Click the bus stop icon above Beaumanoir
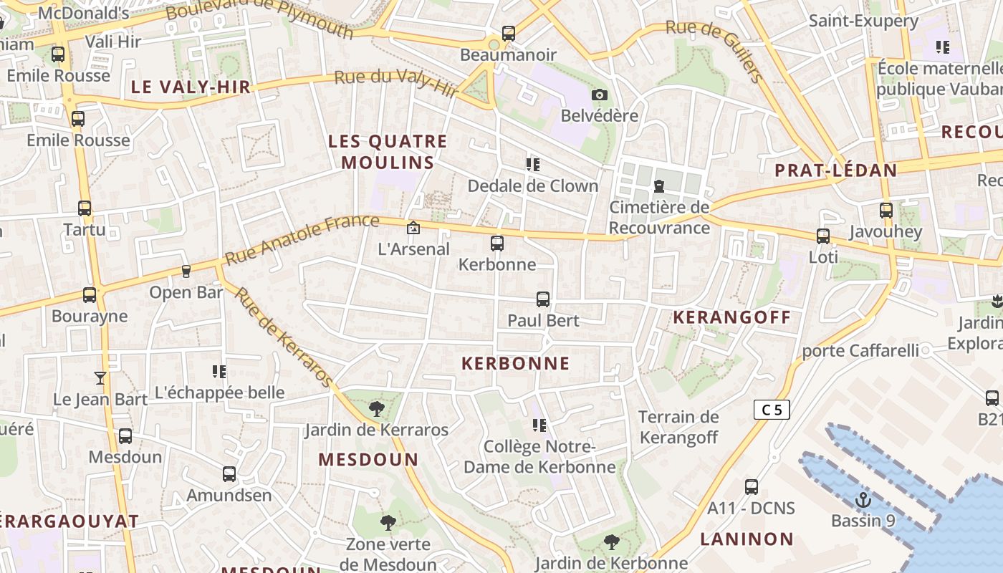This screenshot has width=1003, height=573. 508,33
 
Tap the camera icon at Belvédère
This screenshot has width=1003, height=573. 600,95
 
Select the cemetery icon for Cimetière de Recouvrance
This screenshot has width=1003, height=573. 658,186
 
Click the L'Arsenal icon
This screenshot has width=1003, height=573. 413,228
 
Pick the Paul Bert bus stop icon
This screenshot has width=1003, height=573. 543,299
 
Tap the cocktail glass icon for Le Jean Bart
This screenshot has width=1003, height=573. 100,377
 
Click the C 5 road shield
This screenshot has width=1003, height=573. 772,410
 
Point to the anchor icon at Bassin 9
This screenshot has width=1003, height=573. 863,499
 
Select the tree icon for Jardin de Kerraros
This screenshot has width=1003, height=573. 376,409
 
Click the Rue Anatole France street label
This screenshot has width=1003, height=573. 302,239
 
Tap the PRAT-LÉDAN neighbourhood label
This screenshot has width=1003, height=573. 836,170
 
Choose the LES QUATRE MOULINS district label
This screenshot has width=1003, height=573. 388,152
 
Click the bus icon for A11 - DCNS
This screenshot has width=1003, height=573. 751,487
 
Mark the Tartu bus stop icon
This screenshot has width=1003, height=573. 85,208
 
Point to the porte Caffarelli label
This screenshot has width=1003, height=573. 860,350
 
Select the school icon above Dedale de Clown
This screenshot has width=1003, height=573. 532,165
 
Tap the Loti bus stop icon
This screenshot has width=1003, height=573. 823,236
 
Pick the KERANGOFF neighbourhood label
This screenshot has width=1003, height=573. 731,317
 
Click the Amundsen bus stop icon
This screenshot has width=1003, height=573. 229,474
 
